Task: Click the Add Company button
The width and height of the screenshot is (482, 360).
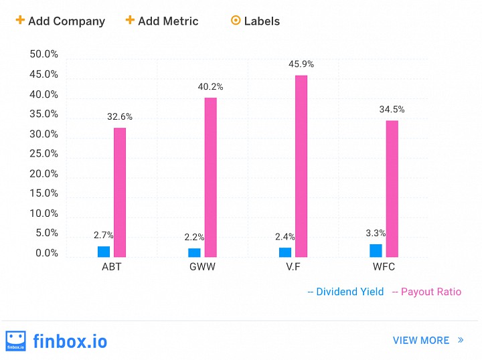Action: point(60,21)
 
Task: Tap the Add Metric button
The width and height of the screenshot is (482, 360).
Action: point(162,21)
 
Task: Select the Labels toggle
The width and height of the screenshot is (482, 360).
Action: point(255,21)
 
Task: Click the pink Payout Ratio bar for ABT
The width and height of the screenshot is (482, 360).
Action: point(120,192)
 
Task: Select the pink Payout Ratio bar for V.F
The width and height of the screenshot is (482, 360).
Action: point(301,166)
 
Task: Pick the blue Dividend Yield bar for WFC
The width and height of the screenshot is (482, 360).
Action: point(376,250)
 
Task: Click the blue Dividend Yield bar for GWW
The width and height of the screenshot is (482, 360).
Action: point(194,252)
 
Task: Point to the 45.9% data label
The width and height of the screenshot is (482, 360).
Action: point(301,64)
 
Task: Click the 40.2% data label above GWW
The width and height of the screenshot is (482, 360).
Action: point(210,87)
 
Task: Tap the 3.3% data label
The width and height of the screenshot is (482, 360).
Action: point(376,234)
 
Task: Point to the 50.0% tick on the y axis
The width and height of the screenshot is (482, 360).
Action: point(44,54)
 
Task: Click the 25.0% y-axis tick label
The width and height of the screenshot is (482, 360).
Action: point(44,154)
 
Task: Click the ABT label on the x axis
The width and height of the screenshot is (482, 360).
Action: point(111,267)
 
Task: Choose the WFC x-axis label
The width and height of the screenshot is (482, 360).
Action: point(384,267)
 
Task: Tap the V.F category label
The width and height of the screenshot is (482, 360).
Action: point(293,267)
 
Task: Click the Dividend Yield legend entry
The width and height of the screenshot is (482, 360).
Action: point(345,292)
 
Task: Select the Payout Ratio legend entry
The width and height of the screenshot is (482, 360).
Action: point(426,292)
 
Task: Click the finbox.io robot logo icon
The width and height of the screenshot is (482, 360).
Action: point(15,340)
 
